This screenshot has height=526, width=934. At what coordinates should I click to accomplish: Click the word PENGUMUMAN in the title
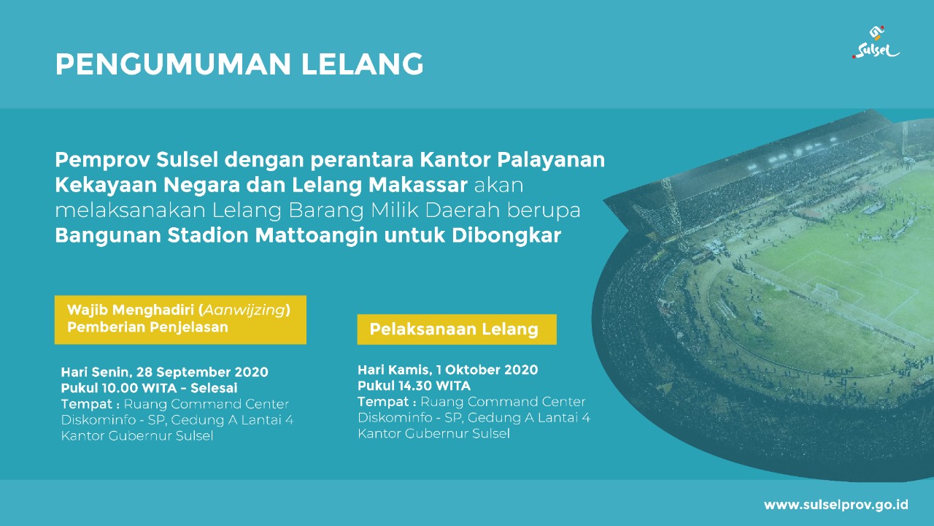[x=173, y=64]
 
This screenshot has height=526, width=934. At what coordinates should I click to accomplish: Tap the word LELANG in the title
[x=363, y=64]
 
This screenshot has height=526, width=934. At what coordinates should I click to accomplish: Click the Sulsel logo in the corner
[x=876, y=42]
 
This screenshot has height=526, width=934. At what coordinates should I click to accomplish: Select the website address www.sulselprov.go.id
[x=835, y=505]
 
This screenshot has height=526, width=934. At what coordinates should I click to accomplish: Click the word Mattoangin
[x=317, y=235]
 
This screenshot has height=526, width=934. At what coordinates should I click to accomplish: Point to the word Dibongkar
[x=506, y=235]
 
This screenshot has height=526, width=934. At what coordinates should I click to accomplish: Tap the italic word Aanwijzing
[x=244, y=310]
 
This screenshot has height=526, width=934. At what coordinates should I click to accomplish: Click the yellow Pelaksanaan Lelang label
[x=457, y=329]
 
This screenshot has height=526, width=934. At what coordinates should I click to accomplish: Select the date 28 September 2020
[x=202, y=372]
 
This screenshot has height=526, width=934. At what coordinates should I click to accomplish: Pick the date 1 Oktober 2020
[x=487, y=370]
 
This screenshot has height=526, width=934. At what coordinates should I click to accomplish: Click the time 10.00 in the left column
[x=120, y=388]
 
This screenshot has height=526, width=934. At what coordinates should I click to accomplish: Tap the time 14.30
[x=416, y=386]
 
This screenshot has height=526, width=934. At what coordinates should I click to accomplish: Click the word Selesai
[x=214, y=388]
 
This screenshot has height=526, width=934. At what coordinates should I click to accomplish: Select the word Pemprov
[x=103, y=160]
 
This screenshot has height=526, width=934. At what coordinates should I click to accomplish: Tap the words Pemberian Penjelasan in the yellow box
[x=147, y=327]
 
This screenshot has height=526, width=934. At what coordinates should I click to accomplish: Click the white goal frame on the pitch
[x=826, y=291]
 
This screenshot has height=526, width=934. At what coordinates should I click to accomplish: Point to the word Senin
[x=112, y=373]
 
